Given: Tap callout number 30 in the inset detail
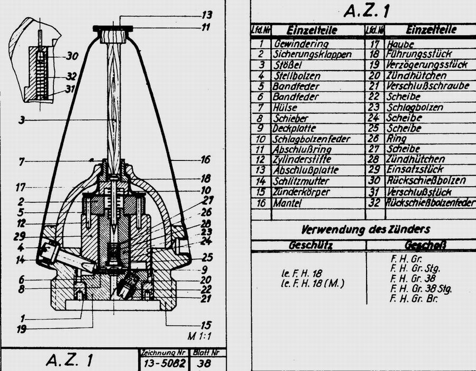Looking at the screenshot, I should pyautogui.click(x=72, y=55).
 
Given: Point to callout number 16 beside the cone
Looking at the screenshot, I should pyautogui.click(x=206, y=159).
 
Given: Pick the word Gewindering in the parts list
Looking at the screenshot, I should pyautogui.click(x=300, y=44).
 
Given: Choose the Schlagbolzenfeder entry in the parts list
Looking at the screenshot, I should pyautogui.click(x=305, y=140).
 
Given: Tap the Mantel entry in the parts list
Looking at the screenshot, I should pyautogui.click(x=288, y=202).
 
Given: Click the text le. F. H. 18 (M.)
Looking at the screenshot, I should pyautogui.click(x=313, y=283).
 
